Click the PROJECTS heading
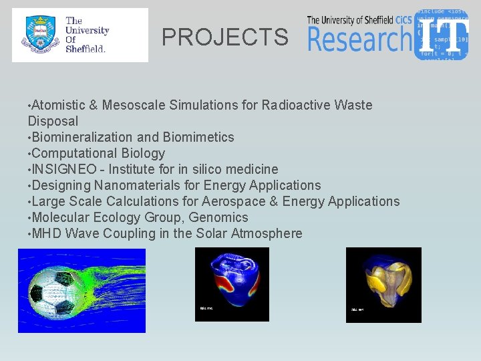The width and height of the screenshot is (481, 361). tap(225, 37)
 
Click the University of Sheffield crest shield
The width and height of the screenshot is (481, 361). tap(39, 35)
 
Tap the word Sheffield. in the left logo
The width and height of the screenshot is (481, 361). tap(86, 48)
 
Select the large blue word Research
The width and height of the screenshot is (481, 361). tap(359, 39)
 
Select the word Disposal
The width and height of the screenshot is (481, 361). tap(53, 121)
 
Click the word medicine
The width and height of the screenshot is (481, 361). tap(252, 169)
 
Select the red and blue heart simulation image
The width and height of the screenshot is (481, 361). tap(232, 284)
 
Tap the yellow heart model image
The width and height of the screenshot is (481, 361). tap(383, 284)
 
